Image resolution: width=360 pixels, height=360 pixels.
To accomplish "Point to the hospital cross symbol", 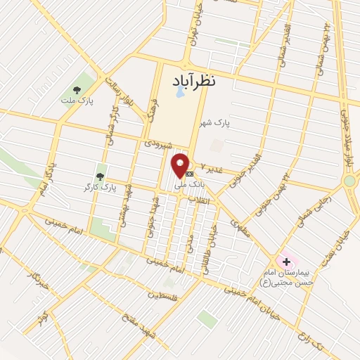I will [286, 262].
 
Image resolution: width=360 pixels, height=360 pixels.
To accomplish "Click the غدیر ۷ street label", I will [211, 167].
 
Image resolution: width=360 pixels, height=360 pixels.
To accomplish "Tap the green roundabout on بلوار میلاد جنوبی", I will [349, 181].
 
